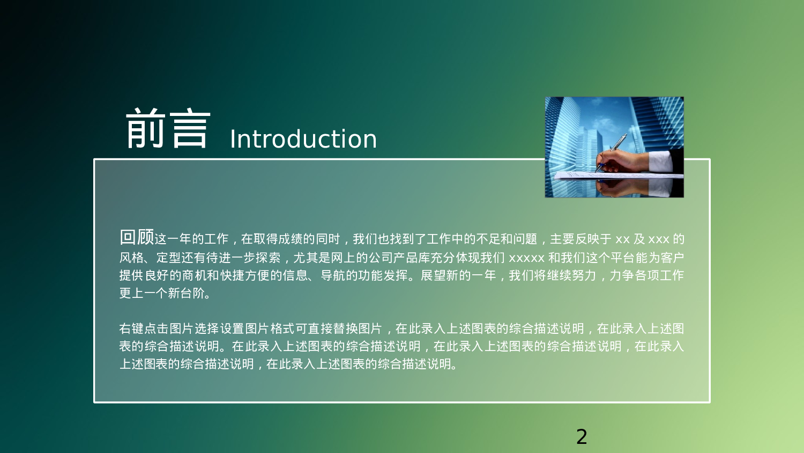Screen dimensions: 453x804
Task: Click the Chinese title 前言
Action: point(168,129)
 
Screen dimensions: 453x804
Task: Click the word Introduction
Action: point(303,139)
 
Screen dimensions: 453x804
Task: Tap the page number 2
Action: point(582,436)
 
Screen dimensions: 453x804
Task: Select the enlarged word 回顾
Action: point(137,237)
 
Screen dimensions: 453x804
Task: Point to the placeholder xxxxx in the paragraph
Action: point(526,258)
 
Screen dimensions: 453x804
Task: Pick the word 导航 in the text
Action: point(333,276)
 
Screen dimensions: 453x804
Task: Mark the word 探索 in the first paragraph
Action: point(268,258)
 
